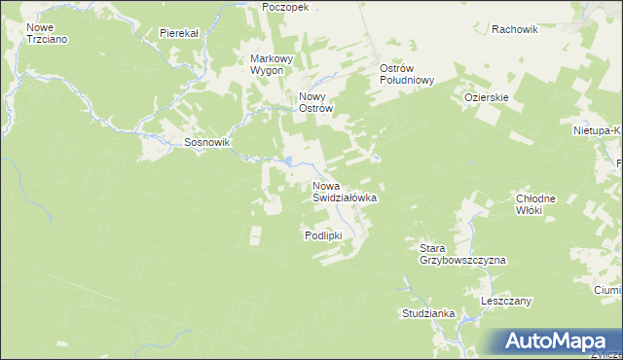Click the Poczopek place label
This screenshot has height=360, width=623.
click(x=285, y=6)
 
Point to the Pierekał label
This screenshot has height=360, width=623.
click(x=179, y=32)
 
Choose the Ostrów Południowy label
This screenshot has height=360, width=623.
click(x=406, y=75)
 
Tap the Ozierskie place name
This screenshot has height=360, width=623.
click(x=487, y=97)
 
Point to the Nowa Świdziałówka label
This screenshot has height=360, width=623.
click(x=344, y=191)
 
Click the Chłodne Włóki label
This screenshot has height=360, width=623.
click(x=535, y=204)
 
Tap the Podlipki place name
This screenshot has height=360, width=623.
click(x=323, y=235)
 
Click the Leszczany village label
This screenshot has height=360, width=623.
click(x=506, y=302)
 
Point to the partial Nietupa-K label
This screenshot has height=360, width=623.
click(x=597, y=128)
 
